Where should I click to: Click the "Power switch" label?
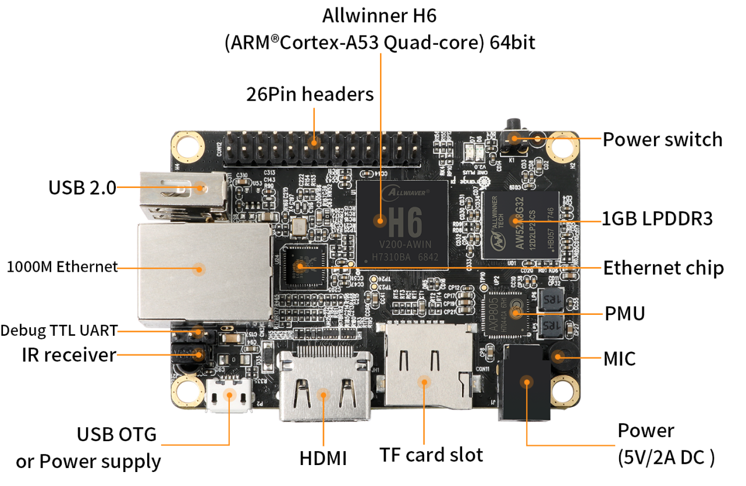coord(662,140)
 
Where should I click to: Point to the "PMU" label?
coord(625,313)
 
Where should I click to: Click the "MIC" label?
coord(620,359)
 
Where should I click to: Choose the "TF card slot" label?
coord(431,454)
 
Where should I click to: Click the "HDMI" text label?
coord(323,458)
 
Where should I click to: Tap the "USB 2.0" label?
coord(82,187)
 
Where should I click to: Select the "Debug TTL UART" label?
coord(58,331)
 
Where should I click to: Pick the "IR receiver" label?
coord(69,354)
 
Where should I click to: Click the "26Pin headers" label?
coord(310,94)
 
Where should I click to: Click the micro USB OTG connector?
coord(230,396)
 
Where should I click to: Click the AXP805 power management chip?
coord(506,311)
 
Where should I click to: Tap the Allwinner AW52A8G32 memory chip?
coord(520,222)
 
